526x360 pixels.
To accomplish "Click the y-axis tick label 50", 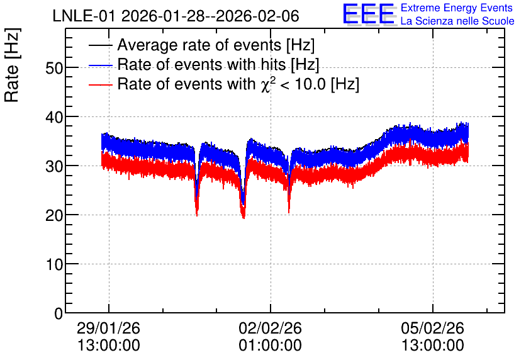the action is coord(54,68).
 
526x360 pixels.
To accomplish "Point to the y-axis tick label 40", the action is coord(54,117).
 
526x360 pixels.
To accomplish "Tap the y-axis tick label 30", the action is coord(54,166).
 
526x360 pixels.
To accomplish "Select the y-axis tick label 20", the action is coord(54,215).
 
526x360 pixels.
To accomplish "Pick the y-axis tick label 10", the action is coord(54,264).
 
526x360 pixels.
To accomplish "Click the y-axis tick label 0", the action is coord(59,313).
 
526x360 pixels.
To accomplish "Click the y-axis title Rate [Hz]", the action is coord(12,65).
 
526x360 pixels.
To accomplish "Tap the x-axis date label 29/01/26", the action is coord(108,328).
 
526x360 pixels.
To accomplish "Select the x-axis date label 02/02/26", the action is coord(270,328).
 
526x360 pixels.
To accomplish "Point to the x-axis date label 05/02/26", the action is coord(432,328).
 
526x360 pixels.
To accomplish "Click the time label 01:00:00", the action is coord(270,346).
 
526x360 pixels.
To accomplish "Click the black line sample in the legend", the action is coord(100,45).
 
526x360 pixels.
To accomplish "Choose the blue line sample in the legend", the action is coord(100,65).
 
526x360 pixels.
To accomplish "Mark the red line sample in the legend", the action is coord(100,84).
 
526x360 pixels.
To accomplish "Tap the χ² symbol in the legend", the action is coord(266,84).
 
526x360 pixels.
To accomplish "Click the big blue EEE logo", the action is coord(368,14).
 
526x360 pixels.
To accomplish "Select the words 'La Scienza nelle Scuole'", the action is coord(457,21).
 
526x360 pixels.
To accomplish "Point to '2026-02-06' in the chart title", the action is coord(257,16).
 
